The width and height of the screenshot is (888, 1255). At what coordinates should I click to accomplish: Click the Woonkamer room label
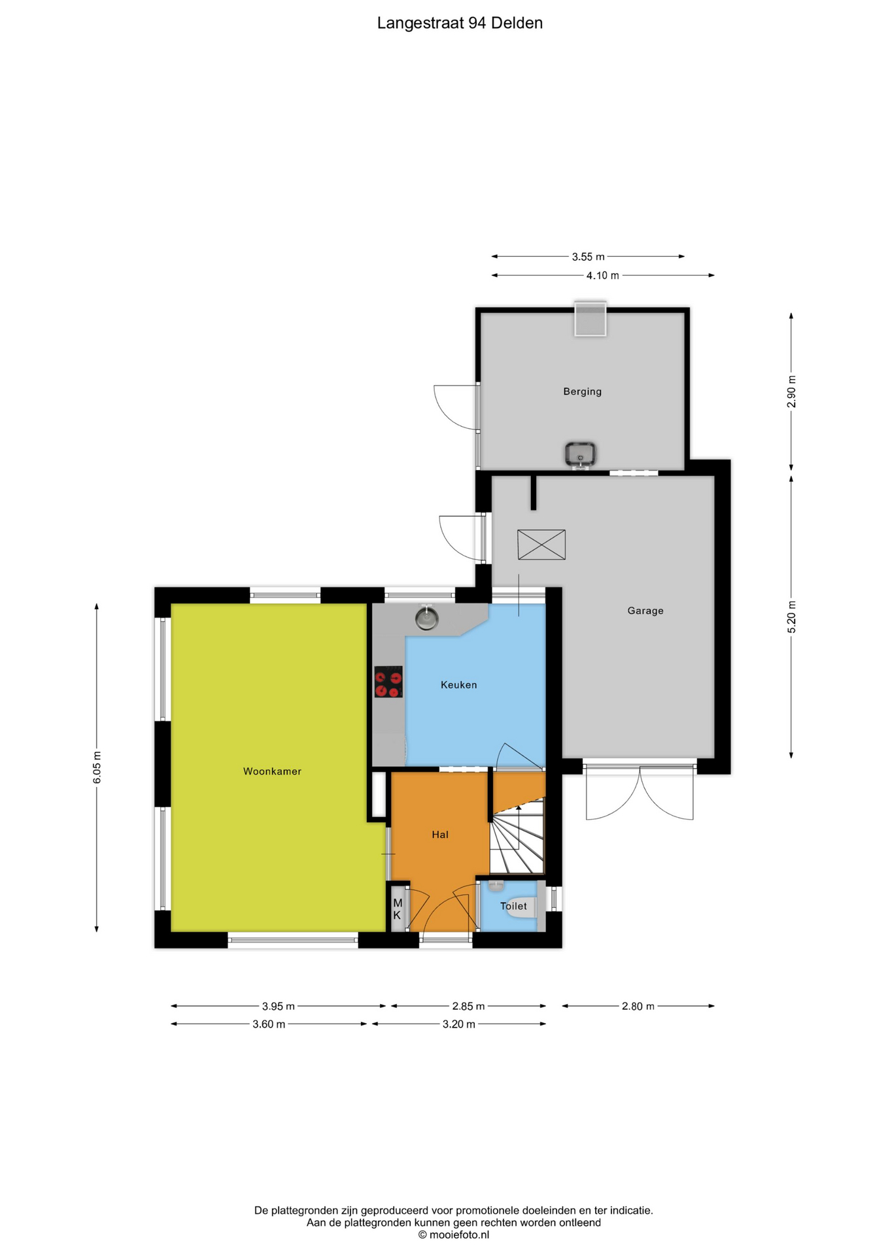272,771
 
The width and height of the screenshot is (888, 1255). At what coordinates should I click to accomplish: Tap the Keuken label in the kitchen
459,685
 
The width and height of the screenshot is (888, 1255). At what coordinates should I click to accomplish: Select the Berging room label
583,392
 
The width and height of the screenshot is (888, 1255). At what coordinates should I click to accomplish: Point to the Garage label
645,611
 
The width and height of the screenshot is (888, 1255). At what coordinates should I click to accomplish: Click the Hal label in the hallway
440,835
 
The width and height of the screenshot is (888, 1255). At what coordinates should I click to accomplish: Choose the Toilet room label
513,906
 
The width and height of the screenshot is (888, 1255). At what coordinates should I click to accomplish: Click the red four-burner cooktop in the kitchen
388,682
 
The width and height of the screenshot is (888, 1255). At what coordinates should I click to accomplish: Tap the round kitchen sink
427,618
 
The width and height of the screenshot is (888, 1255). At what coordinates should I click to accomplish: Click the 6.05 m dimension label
97,767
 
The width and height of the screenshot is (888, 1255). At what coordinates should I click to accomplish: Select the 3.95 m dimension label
279,1006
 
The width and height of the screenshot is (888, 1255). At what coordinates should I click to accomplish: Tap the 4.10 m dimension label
603,275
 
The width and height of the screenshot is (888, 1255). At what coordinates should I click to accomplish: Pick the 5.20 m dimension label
792,617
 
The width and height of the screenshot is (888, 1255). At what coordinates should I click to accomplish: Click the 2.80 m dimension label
638,1006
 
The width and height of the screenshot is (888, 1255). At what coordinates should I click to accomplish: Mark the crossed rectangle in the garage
541,544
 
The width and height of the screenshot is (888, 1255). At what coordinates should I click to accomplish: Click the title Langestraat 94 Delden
460,23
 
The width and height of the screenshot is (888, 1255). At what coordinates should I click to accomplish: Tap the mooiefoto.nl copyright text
454,1235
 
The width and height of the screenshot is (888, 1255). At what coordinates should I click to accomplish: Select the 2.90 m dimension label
792,391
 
